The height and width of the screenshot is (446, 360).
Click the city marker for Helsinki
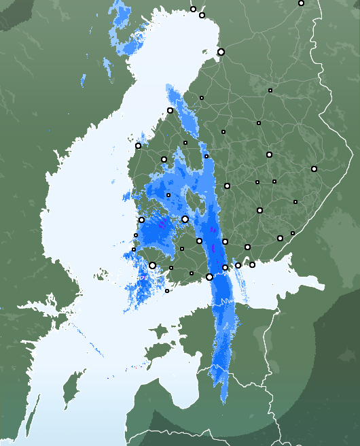(x=209, y=277)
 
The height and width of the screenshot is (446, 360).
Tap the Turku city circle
(x=152, y=265)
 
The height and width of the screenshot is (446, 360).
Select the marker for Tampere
(x=185, y=219)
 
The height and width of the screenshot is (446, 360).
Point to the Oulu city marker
(x=221, y=52)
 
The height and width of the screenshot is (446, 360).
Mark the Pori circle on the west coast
(x=141, y=220)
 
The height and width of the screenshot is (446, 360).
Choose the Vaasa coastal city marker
(x=138, y=145)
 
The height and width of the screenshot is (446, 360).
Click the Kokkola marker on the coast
(x=170, y=110)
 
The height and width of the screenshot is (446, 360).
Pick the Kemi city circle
(x=202, y=15)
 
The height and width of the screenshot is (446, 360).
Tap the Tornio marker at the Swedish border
(x=193, y=10)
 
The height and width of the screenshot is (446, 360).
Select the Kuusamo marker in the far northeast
(x=301, y=3)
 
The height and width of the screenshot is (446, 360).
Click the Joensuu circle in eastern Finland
(x=314, y=169)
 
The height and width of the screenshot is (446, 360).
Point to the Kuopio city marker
(x=269, y=155)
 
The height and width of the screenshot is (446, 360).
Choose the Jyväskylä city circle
(x=227, y=186)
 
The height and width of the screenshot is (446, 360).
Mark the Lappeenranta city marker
(x=280, y=238)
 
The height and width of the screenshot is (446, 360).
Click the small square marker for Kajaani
(x=270, y=90)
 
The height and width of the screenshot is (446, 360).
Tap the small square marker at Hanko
(x=167, y=291)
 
